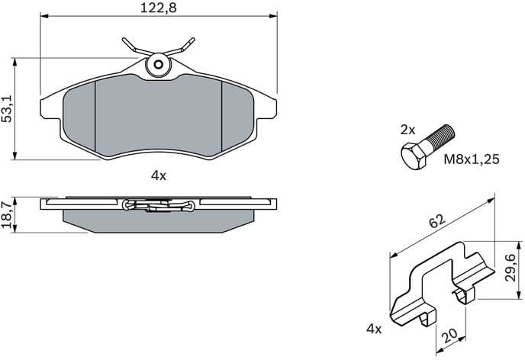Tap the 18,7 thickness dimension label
click(x=8, y=216)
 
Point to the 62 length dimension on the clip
click(x=436, y=223)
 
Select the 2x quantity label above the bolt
click(x=408, y=130)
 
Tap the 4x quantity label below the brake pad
click(x=158, y=175)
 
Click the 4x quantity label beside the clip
click(x=373, y=329)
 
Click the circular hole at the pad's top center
click(x=159, y=65)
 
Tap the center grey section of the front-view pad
click(x=158, y=118)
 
